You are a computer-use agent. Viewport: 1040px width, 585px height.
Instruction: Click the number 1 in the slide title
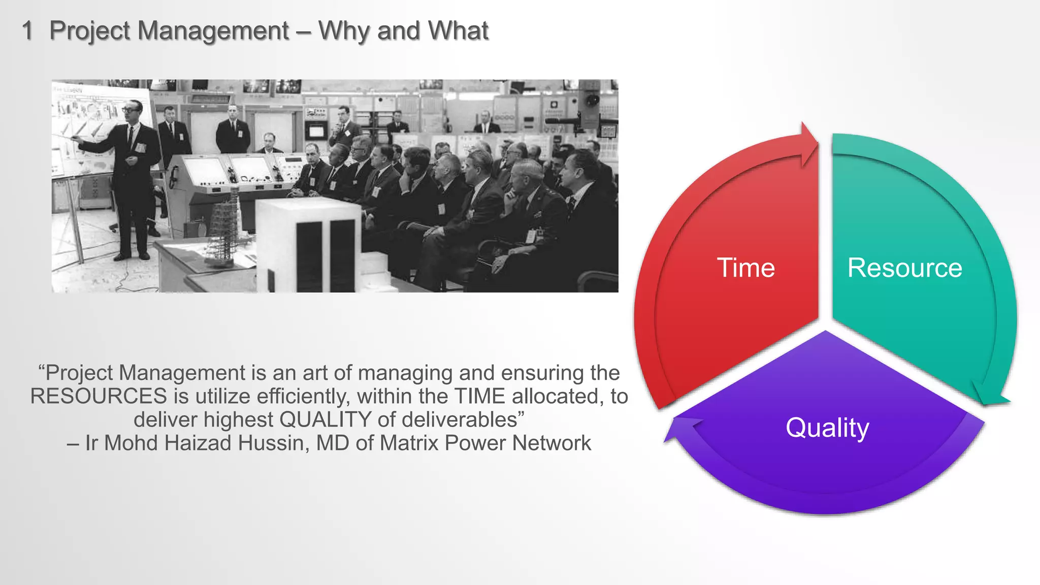point(27,31)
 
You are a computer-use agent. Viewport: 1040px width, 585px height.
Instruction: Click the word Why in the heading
point(344,31)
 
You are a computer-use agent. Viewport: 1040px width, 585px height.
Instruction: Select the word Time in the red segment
point(745,268)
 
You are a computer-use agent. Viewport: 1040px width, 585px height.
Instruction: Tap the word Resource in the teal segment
point(904,268)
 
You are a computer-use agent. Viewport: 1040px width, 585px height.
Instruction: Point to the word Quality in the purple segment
point(827,428)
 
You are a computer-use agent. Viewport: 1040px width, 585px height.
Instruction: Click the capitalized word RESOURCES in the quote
point(99,396)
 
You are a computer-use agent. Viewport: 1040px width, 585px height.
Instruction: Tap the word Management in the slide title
point(213,31)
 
